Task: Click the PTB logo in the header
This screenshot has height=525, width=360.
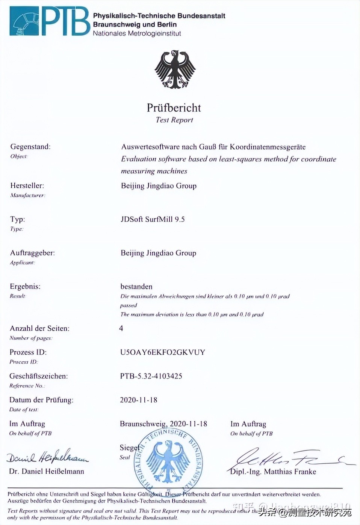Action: (50, 21)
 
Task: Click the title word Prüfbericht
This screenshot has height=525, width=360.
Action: (174, 108)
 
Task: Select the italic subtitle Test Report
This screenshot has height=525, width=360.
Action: (174, 120)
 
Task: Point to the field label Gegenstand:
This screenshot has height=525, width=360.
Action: (30, 147)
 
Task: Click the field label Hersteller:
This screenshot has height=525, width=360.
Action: (27, 185)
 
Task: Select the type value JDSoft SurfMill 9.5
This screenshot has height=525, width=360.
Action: (153, 219)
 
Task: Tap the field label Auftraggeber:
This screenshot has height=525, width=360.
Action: (32, 253)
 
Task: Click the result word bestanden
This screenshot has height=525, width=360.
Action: (136, 287)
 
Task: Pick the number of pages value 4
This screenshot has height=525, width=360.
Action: (121, 328)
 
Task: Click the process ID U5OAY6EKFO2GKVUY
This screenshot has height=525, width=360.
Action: (162, 352)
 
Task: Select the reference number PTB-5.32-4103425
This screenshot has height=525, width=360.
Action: (151, 376)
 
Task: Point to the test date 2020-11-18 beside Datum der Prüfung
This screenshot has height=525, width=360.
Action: (139, 400)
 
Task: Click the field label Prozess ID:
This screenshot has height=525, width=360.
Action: (28, 352)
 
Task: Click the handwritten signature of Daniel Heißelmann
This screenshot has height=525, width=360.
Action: (47, 456)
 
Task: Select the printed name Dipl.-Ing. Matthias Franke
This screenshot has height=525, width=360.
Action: (273, 472)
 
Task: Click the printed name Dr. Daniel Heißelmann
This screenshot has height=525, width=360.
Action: (47, 472)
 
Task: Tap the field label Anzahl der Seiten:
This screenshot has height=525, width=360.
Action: (39, 328)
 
